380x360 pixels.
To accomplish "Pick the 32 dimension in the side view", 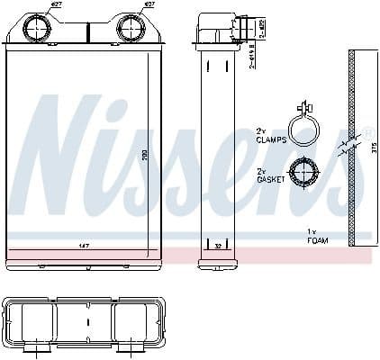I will [x=219, y=244].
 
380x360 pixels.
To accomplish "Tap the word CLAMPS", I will [x=269, y=139].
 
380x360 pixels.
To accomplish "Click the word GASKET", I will [x=269, y=180].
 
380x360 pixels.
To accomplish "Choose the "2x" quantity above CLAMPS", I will [x=261, y=130].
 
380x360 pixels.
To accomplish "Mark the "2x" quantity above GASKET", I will [x=261, y=171].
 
